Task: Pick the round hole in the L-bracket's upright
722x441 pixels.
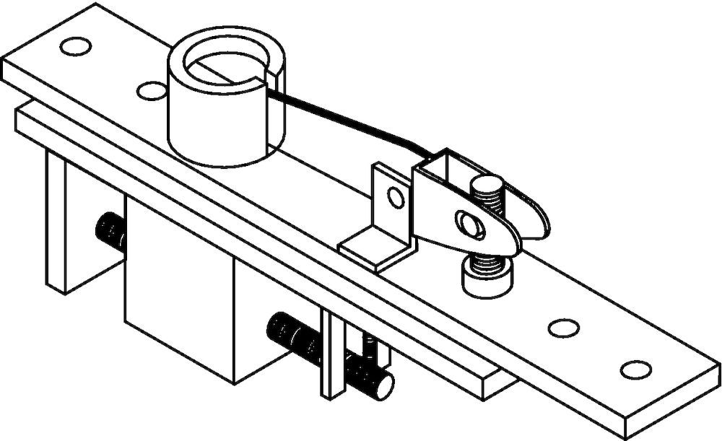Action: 394,196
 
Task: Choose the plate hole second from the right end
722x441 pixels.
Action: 563,328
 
